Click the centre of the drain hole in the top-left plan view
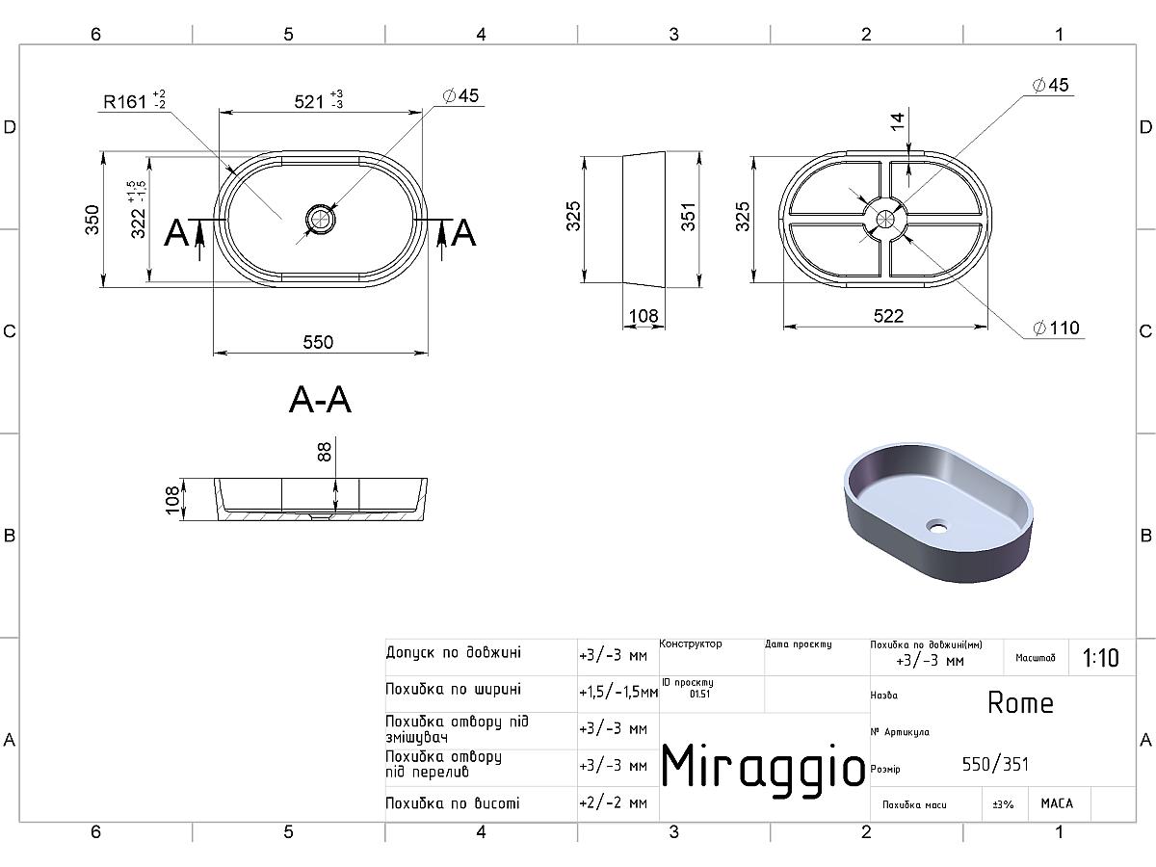(x=320, y=219)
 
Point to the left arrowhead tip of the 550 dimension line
(x=213, y=353)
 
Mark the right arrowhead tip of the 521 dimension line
(x=422, y=112)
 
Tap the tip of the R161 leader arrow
(x=235, y=173)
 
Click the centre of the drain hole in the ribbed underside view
(x=885, y=219)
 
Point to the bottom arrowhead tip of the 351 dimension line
(x=699, y=287)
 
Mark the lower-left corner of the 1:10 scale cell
(x=1069, y=675)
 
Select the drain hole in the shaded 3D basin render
(x=937, y=525)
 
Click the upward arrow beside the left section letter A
(x=199, y=241)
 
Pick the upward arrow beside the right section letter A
(x=442, y=241)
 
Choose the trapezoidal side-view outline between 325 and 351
(x=644, y=220)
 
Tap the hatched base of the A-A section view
(x=320, y=516)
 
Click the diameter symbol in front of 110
(x=1039, y=328)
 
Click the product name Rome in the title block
(x=1020, y=703)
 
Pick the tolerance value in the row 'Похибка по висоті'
(x=613, y=802)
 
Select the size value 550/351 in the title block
(x=995, y=764)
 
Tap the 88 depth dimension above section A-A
(x=325, y=452)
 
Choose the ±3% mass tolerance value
(x=1003, y=804)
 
